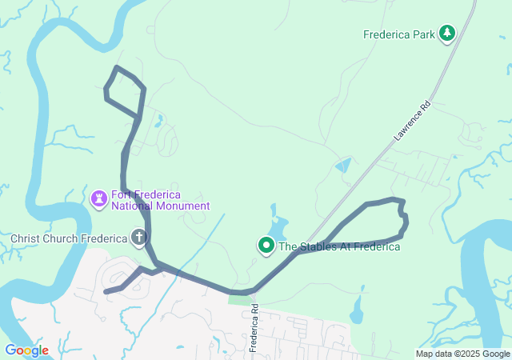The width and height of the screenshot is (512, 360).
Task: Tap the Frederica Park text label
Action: tap(398, 34)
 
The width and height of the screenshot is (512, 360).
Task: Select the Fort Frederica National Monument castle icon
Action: tap(99, 198)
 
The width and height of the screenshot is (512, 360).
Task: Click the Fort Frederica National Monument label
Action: tap(160, 200)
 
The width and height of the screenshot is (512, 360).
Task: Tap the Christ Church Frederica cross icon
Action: tap(139, 238)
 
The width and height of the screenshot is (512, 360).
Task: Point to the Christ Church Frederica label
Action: tap(69, 238)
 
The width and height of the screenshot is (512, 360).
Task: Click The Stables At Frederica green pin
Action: tap(266, 245)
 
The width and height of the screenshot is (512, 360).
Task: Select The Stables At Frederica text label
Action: tap(339, 246)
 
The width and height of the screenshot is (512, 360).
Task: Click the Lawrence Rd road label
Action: tap(412, 121)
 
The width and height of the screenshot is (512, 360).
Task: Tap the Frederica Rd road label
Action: tap(254, 328)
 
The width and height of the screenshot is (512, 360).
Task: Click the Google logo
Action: tap(26, 350)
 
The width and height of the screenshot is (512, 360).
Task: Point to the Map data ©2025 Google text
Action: tap(462, 354)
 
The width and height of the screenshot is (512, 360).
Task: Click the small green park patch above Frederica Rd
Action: tap(238, 299)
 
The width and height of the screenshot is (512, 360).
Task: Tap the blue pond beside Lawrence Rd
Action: tap(343, 166)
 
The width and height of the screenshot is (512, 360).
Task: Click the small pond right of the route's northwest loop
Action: tap(159, 122)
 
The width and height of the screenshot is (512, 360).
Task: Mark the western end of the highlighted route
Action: tap(106, 292)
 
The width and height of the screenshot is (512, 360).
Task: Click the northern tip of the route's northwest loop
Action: tap(118, 68)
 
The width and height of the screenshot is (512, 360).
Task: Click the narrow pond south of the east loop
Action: tap(357, 308)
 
